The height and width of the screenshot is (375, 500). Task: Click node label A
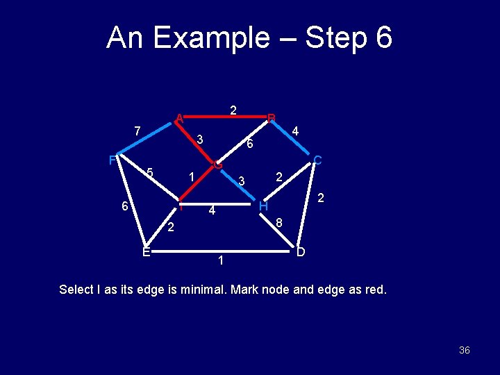coord(179,117)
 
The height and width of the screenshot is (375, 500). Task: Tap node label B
coord(272,117)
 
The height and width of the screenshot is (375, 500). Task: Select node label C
coord(317,160)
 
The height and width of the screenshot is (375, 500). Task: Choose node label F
coord(112,160)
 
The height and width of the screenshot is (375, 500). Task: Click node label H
coord(263,206)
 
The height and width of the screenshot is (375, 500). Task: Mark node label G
coord(218,165)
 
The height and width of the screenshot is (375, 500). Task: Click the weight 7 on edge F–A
coord(137,131)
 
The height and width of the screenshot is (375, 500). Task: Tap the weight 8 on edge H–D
coord(278,223)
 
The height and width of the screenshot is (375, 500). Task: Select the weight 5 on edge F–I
coord(149,173)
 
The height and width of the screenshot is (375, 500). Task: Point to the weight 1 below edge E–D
coord(220,261)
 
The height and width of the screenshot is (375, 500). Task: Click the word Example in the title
coord(210,39)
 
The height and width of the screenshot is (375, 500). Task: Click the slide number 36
coord(464,350)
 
